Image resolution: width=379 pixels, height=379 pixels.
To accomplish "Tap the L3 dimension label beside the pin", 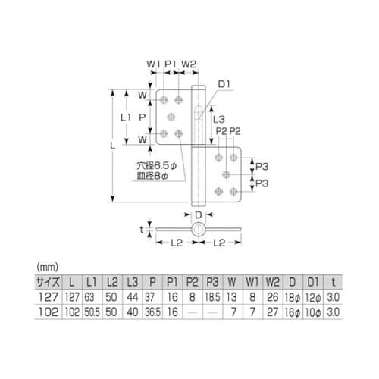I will coord(217,119).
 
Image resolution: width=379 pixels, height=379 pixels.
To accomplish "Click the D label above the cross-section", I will coord(198,215).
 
